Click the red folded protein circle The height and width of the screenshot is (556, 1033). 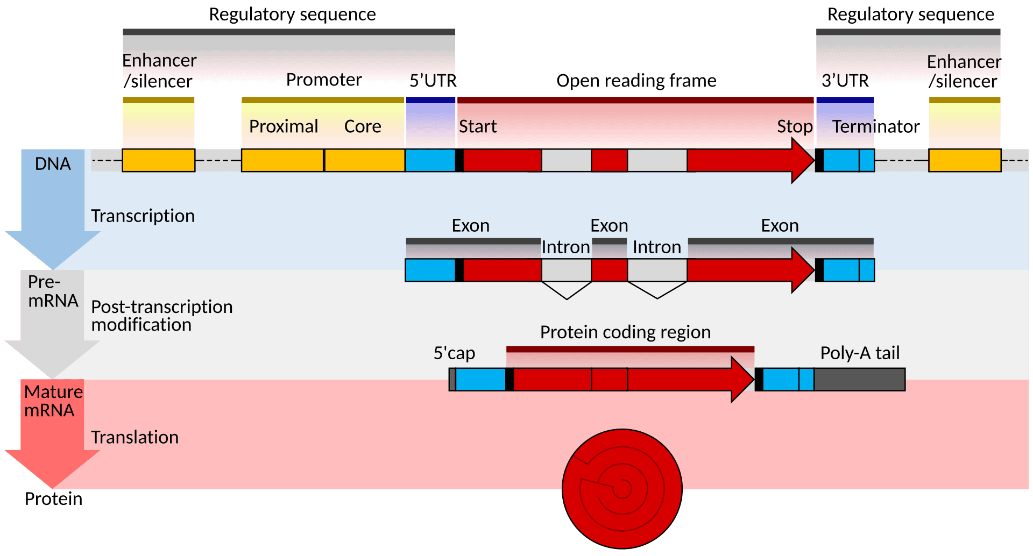point(622,488)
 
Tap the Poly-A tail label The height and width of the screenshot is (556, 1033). point(859,353)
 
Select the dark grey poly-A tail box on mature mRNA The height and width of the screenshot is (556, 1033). point(859,379)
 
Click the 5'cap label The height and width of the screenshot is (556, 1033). point(454,353)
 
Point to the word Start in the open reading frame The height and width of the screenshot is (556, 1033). point(477,126)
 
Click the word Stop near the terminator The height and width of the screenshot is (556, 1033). point(794,126)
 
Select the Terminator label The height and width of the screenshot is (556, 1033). point(875,126)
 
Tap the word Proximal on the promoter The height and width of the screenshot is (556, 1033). point(284,126)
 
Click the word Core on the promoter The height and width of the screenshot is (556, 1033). point(363,126)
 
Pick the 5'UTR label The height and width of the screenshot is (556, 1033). point(433,81)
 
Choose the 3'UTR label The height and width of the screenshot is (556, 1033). point(845,81)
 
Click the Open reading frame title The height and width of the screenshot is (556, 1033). point(636,81)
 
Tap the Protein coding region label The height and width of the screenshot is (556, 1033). point(625,332)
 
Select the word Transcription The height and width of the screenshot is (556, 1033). point(143,216)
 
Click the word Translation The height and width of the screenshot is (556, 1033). point(135,437)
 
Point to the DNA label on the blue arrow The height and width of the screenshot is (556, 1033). point(53,163)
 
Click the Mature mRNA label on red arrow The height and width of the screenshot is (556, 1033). point(53,401)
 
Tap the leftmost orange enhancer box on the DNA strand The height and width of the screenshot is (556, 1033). point(158,160)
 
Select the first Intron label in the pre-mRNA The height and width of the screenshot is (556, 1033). point(565,247)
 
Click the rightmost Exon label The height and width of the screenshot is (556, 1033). point(780,226)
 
